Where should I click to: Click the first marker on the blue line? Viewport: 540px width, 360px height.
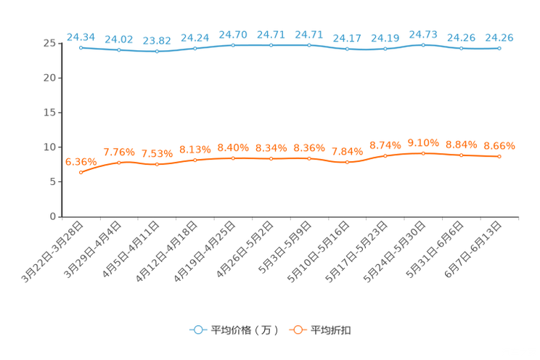pos(81,47)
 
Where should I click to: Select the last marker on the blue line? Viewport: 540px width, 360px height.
pos(499,49)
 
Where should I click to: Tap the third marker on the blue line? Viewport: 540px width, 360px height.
pos(157,52)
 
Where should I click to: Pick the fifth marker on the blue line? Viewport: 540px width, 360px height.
pos(233,45)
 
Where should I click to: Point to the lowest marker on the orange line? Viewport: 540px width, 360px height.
pos(81,172)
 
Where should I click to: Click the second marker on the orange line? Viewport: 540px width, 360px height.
pos(118,162)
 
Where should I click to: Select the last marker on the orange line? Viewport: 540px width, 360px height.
pos(499,156)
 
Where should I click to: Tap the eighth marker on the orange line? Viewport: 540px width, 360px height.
pos(347,162)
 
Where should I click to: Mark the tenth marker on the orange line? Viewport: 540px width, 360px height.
pos(423,152)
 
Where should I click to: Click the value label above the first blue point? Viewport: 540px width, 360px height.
pos(81,36)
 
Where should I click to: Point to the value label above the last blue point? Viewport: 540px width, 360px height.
pos(499,38)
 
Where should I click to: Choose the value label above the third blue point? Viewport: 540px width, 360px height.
pos(157,41)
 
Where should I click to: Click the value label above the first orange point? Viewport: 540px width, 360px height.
pos(81,161)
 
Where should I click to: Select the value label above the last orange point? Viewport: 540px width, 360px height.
pos(499,146)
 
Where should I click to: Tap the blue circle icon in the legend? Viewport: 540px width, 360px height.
pos(197,330)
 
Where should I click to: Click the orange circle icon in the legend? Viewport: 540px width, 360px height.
pos(297,330)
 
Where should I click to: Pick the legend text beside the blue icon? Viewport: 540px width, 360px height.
pos(244,330)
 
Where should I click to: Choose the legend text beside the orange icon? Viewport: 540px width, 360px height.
pos(331,330)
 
